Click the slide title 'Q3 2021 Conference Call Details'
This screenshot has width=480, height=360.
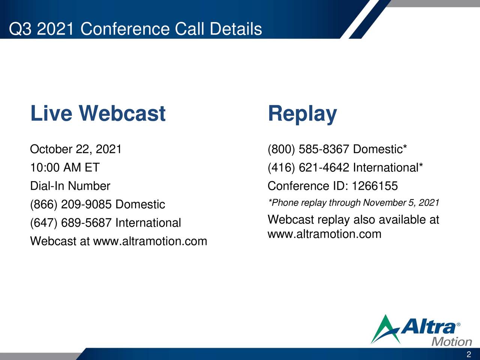pyautogui.click(x=135, y=29)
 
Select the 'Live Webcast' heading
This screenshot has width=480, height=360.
pyautogui.click(x=97, y=113)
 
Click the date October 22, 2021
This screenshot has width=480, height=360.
pyautogui.click(x=76, y=149)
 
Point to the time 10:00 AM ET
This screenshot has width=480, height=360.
pyautogui.click(x=64, y=167)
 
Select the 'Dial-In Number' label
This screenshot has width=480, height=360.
pyautogui.click(x=70, y=186)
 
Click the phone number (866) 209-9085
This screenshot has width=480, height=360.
pyautogui.click(x=71, y=204)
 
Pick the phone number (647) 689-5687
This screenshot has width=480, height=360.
pyautogui.click(x=71, y=223)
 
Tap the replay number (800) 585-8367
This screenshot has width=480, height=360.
pyautogui.click(x=309, y=149)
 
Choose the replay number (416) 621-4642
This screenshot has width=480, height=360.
pyautogui.click(x=309, y=167)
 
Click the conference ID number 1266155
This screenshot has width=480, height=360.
pyautogui.click(x=375, y=186)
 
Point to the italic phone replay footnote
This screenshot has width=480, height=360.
pyautogui.click(x=353, y=203)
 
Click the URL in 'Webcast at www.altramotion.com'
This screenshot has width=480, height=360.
pyautogui.click(x=150, y=241)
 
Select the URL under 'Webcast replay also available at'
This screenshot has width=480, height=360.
pyautogui.click(x=324, y=234)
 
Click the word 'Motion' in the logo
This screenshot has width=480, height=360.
pyautogui.click(x=452, y=342)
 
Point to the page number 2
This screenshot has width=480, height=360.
pyautogui.click(x=469, y=355)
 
